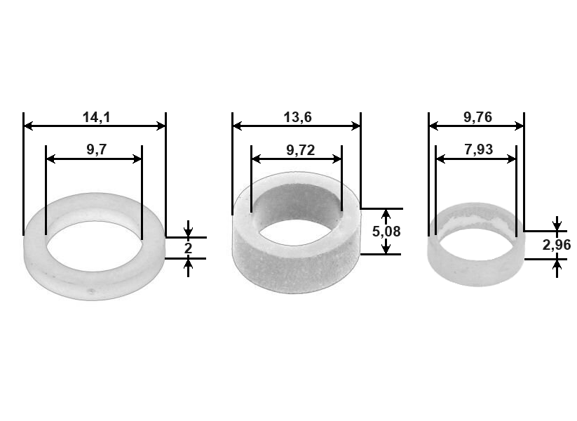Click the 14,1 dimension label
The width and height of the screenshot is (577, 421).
pos(96,117)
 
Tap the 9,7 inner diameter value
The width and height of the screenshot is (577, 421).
pos(97,149)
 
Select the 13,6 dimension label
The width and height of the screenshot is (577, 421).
pos(297,117)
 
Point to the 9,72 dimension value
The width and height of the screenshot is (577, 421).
pos(300,150)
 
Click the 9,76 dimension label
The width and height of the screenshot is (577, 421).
pos(477,117)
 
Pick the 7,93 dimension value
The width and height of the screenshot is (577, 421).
pos(478,149)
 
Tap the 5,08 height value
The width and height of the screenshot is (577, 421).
pos(386,232)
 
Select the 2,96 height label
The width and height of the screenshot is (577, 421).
pos(557,245)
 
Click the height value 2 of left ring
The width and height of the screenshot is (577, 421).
pos(188,248)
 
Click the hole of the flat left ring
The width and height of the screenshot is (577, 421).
pos(94,246)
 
